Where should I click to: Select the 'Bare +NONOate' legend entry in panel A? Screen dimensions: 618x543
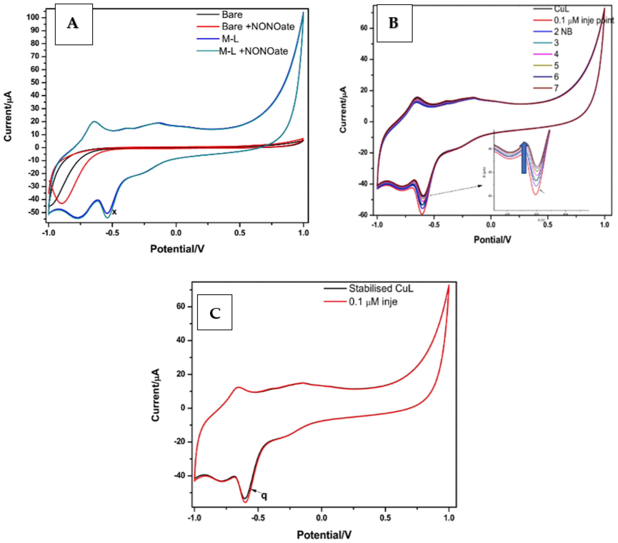[x=258, y=27]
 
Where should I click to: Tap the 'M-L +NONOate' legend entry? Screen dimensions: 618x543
[x=253, y=51]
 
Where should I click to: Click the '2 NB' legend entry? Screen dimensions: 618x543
[x=563, y=32]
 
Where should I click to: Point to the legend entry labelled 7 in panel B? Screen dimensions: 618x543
[x=556, y=88]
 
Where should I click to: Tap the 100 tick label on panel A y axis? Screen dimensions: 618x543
[x=33, y=17]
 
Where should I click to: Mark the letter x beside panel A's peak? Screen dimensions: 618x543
[x=114, y=212]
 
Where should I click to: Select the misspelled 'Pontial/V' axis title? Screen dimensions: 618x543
[x=492, y=240]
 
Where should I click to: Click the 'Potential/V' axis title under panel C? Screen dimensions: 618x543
[x=324, y=535]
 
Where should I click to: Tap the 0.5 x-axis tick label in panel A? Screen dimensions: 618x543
[x=240, y=233]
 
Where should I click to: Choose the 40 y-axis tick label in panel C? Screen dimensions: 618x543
[x=180, y=340]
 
